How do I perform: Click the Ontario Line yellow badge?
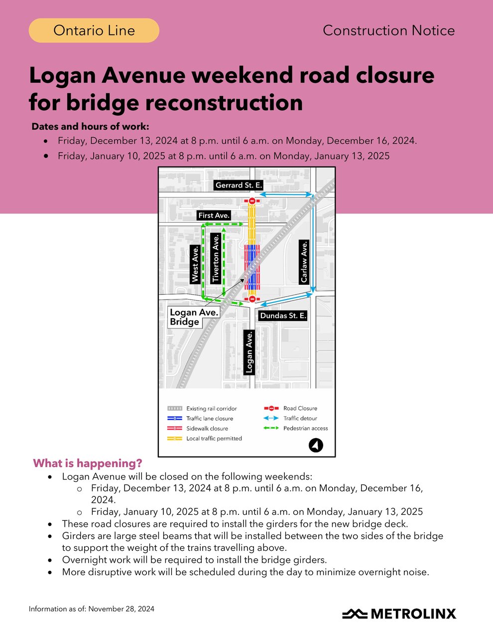coord(94,30)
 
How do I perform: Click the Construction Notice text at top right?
coord(388,30)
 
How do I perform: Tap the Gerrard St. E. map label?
coord(238,185)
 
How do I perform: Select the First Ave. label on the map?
coord(214,215)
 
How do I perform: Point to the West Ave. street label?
coord(195,264)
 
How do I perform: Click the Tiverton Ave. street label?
coord(216,259)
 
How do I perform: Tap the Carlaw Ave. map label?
coord(304,262)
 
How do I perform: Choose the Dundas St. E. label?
coord(283,316)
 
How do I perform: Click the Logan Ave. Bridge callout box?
coord(194,317)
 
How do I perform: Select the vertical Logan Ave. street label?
coord(249,352)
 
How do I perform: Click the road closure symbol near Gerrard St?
coord(252,201)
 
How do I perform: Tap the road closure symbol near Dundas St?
coord(252,299)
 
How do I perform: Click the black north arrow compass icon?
coord(316,445)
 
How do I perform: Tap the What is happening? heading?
coord(88,463)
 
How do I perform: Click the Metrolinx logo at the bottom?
coord(399,614)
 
